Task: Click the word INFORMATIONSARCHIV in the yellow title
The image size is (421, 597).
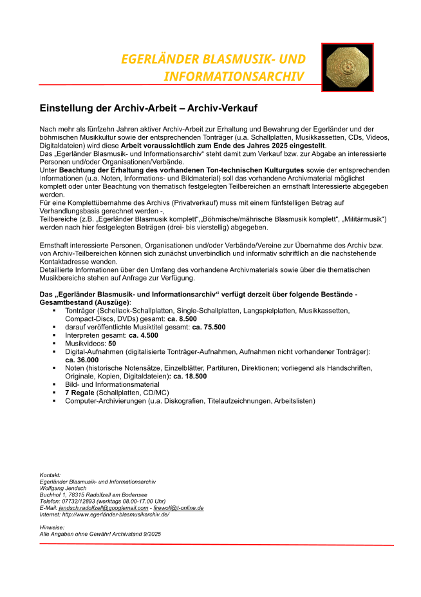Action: (234, 76)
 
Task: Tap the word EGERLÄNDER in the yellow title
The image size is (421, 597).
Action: (158, 59)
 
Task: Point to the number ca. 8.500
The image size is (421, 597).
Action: (182, 318)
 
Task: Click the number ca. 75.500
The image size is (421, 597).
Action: (209, 327)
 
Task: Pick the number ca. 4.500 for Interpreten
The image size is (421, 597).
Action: (143, 335)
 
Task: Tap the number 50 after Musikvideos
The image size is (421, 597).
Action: (112, 344)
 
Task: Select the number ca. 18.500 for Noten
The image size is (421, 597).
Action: (187, 376)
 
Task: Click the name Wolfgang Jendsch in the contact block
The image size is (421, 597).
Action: (62, 488)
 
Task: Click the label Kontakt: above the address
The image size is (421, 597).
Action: (50, 475)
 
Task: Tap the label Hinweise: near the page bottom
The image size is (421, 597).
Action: (51, 527)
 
